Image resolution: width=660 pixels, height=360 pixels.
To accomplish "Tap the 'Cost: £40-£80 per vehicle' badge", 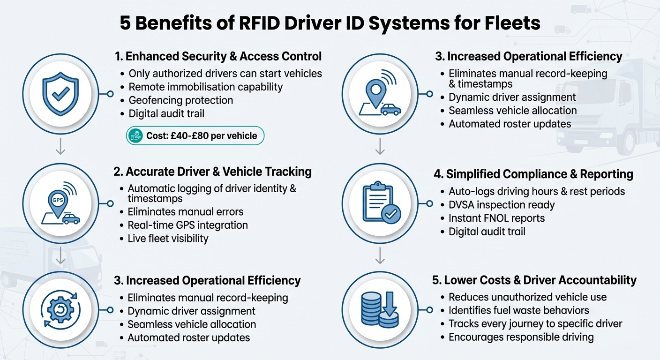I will (x=195, y=136).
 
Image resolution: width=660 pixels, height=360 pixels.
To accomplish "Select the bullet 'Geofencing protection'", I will (x=180, y=100).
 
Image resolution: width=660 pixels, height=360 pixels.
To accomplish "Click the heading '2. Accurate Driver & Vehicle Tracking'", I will (x=213, y=172).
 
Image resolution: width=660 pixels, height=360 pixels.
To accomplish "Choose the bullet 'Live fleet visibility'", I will (x=168, y=238).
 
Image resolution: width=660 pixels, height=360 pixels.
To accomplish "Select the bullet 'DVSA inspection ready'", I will (x=502, y=205).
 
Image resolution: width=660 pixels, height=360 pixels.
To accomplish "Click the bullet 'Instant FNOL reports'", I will (x=496, y=218).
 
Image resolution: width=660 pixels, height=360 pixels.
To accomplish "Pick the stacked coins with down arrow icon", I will (x=380, y=310).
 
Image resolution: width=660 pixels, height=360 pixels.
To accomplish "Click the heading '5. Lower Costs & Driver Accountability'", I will (x=534, y=280).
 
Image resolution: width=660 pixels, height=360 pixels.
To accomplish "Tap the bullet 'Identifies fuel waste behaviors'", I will (x=518, y=310).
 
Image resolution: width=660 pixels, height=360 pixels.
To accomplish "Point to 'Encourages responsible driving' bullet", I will (x=521, y=337).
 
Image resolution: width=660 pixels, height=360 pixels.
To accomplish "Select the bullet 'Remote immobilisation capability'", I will (x=205, y=87).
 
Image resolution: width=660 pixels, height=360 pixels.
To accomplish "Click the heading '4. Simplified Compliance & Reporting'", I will (x=533, y=174).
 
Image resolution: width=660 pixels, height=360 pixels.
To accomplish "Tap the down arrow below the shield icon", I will (x=60, y=149).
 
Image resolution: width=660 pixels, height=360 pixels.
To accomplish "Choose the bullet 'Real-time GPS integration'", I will (x=187, y=225).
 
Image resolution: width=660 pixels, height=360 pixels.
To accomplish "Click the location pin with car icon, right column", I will (x=380, y=94).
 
